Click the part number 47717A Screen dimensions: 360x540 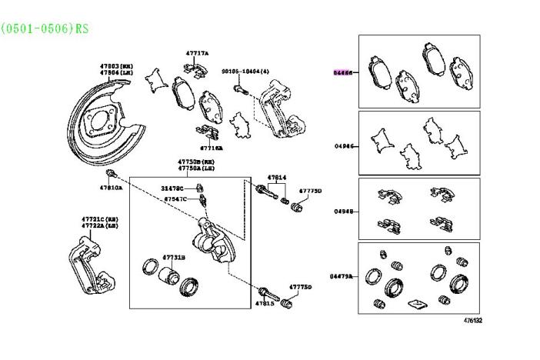[197, 53]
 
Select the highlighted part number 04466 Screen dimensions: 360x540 [342, 72]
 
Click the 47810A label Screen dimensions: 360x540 [110, 187]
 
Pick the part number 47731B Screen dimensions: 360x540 [173, 257]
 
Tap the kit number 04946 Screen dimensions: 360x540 [342, 145]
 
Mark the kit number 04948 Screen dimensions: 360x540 [342, 210]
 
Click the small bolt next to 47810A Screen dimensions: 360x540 [112, 172]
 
